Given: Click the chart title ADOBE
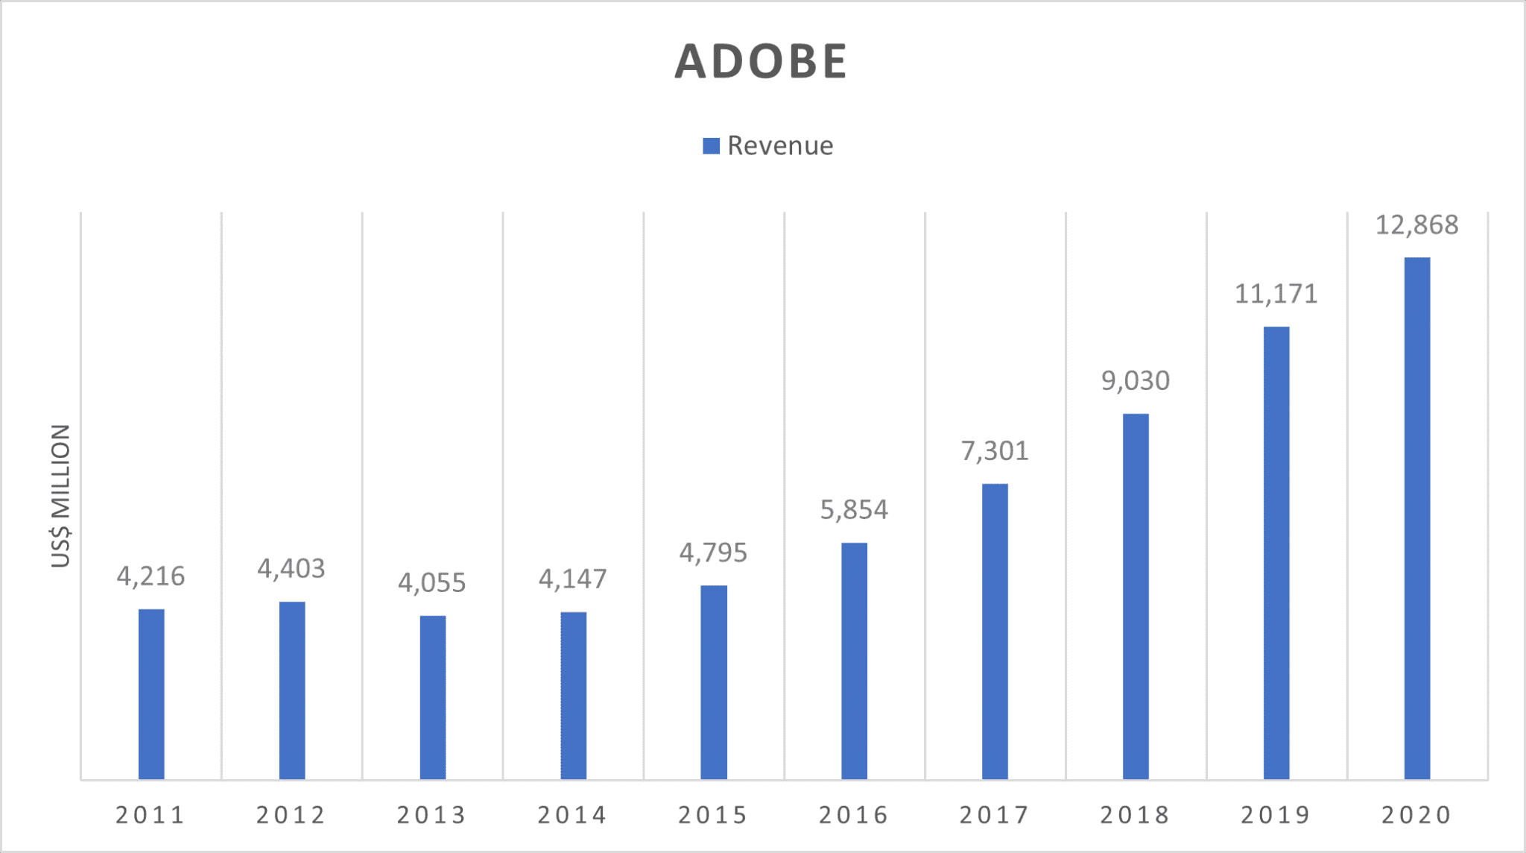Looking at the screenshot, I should pyautogui.click(x=761, y=60).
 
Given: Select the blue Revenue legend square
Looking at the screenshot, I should pyautogui.click(x=711, y=146).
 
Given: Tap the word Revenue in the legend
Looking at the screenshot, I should pyautogui.click(x=779, y=146).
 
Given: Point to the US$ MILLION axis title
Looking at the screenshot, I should pyautogui.click(x=60, y=496).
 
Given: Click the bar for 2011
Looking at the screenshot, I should pyautogui.click(x=151, y=693).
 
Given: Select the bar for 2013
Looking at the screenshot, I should pyautogui.click(x=433, y=697).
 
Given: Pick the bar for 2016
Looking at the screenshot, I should pyautogui.click(x=854, y=660).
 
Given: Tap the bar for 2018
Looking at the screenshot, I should pyautogui.click(x=1136, y=597).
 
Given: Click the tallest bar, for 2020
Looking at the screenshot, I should pyautogui.click(x=1416, y=518).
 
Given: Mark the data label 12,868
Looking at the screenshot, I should pyautogui.click(x=1416, y=225).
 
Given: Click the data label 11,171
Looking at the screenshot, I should pyautogui.click(x=1276, y=295).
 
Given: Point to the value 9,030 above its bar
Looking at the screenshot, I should pyautogui.click(x=1136, y=381).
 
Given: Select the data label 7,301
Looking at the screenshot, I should pyautogui.click(x=994, y=451).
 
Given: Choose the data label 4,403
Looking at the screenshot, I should pyautogui.click(x=291, y=569).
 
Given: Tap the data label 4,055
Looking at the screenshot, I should pyautogui.click(x=431, y=583).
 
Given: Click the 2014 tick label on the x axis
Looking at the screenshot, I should pyautogui.click(x=572, y=815).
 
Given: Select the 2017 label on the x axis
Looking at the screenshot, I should pyautogui.click(x=994, y=815).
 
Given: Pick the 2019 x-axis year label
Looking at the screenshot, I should pyautogui.click(x=1276, y=815).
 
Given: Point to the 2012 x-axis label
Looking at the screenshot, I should pyautogui.click(x=291, y=815).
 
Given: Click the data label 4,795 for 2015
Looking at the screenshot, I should pyautogui.click(x=712, y=553).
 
